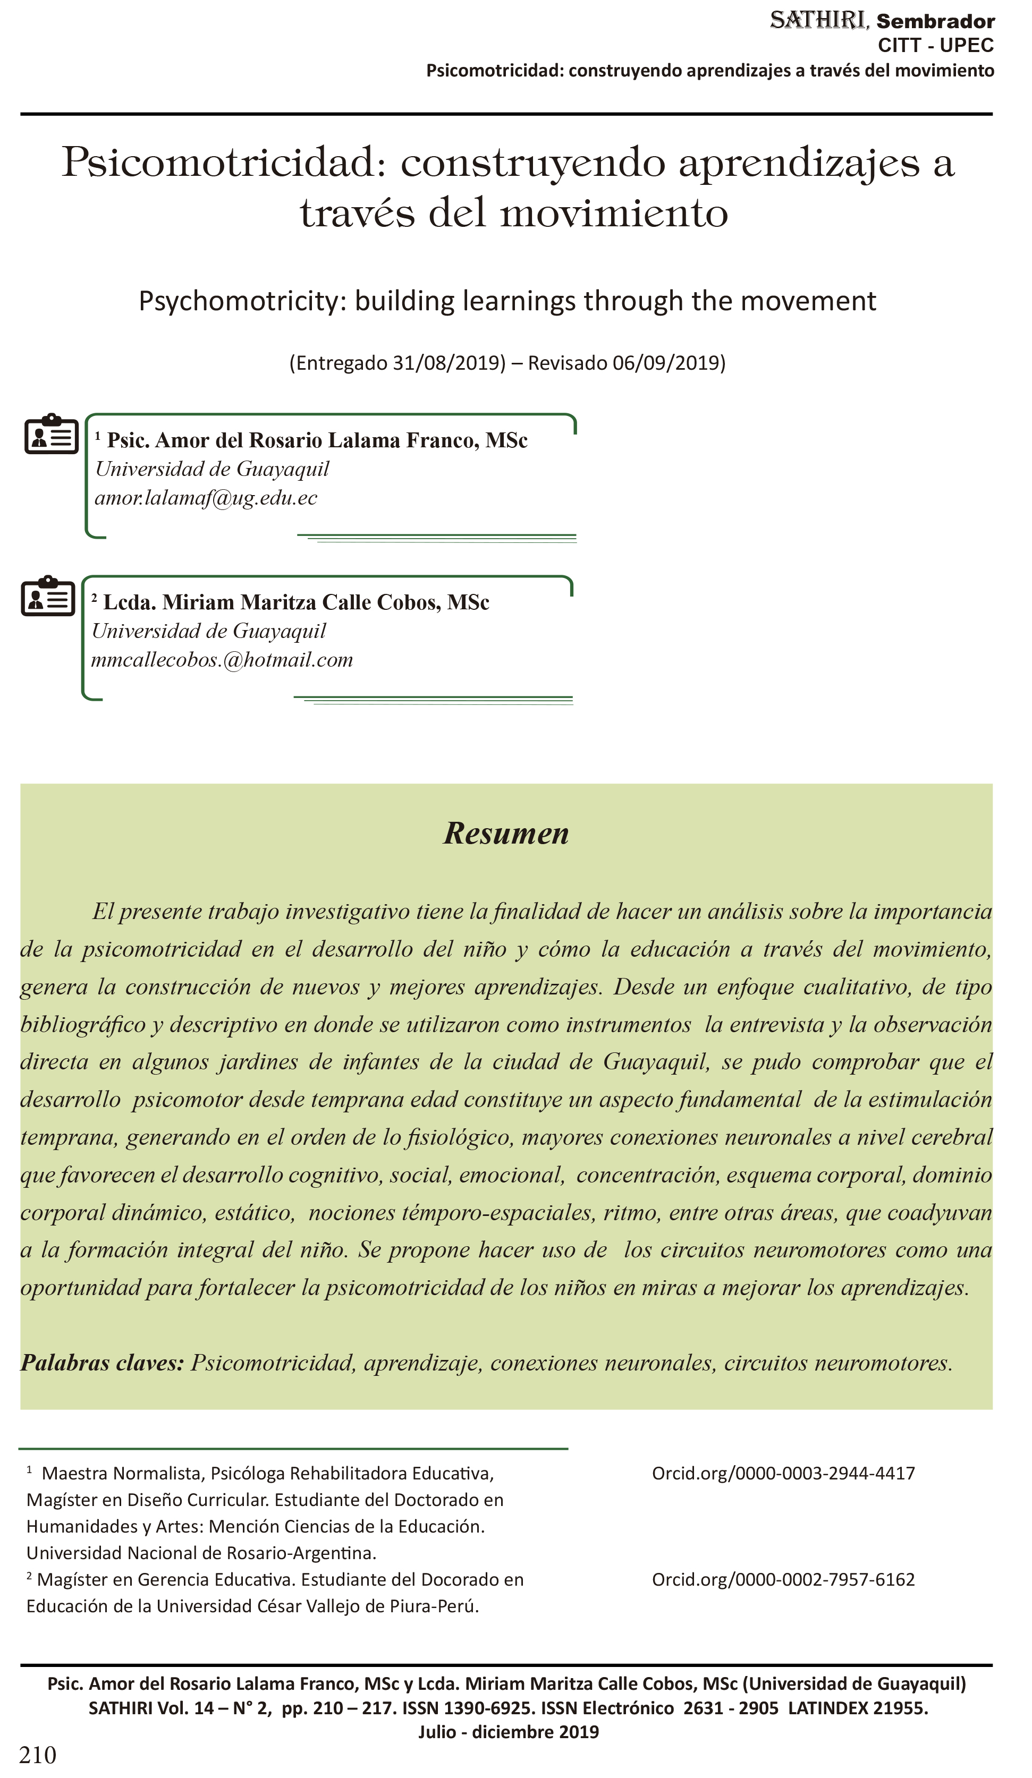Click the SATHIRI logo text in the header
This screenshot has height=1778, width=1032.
tap(817, 21)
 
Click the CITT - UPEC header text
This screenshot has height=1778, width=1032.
tap(935, 45)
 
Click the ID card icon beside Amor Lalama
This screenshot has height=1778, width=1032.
tap(51, 434)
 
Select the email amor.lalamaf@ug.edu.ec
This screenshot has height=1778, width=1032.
tap(206, 498)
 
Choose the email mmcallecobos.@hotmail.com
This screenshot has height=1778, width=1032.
tap(222, 660)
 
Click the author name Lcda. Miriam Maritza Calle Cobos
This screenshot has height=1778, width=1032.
tap(296, 602)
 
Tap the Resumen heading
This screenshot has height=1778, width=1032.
tap(505, 833)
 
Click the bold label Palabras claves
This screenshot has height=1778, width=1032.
tap(101, 1363)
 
